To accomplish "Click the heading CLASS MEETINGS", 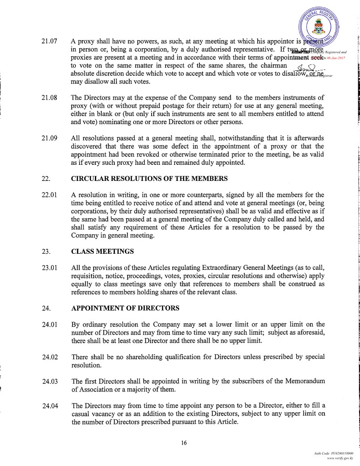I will [102, 251].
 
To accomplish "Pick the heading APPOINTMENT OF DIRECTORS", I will [125, 308].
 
